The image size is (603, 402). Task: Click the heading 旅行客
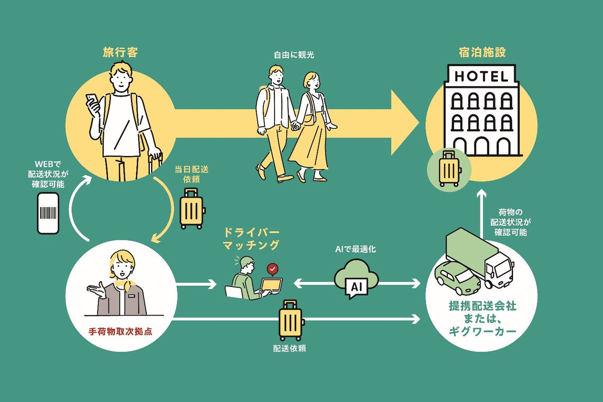click(x=120, y=52)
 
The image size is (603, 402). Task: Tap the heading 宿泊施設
click(x=482, y=52)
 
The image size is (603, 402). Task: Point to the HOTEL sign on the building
click(x=481, y=76)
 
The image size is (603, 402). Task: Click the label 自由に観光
click(x=294, y=55)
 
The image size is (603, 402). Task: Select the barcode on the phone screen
click(x=48, y=213)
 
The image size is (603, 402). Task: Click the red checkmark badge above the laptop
click(x=272, y=269)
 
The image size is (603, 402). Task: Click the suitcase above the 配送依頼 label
click(x=291, y=321)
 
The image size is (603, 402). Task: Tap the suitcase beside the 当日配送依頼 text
click(x=192, y=209)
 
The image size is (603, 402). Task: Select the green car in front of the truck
click(x=458, y=278)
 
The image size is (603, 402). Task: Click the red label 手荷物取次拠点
click(x=120, y=331)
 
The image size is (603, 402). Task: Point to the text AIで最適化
click(x=355, y=249)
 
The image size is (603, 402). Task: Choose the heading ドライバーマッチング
click(x=252, y=239)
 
